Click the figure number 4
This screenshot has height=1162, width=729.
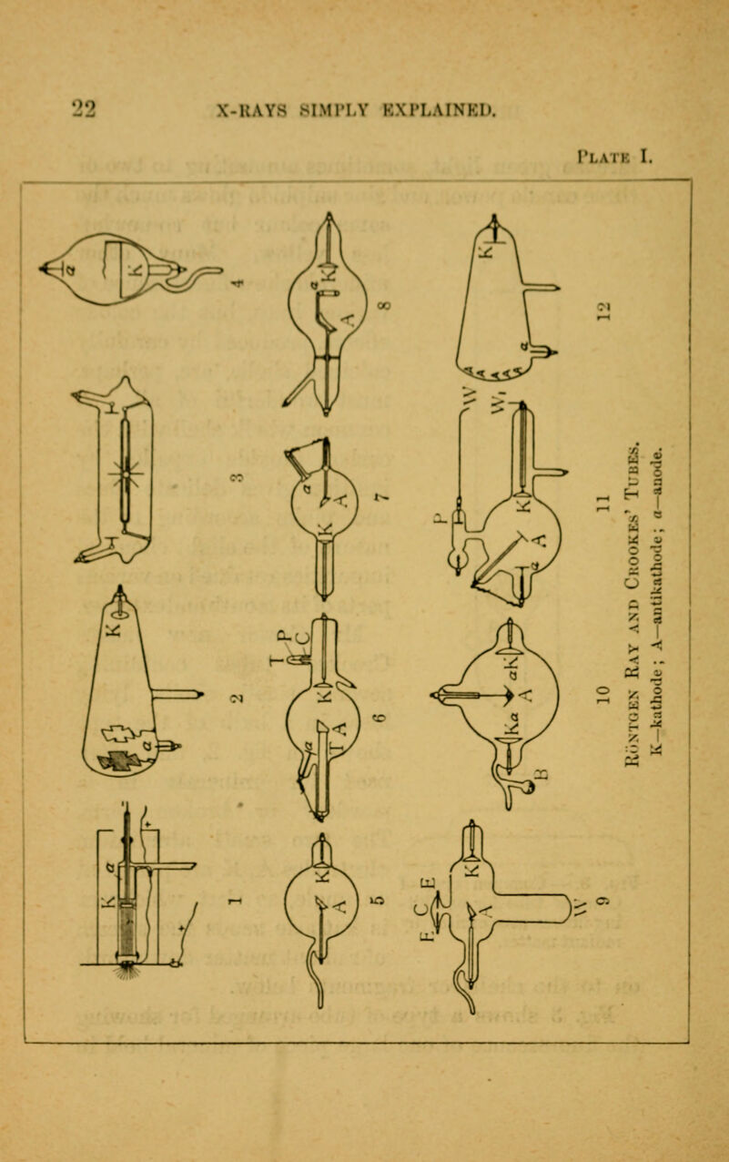click(x=238, y=281)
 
